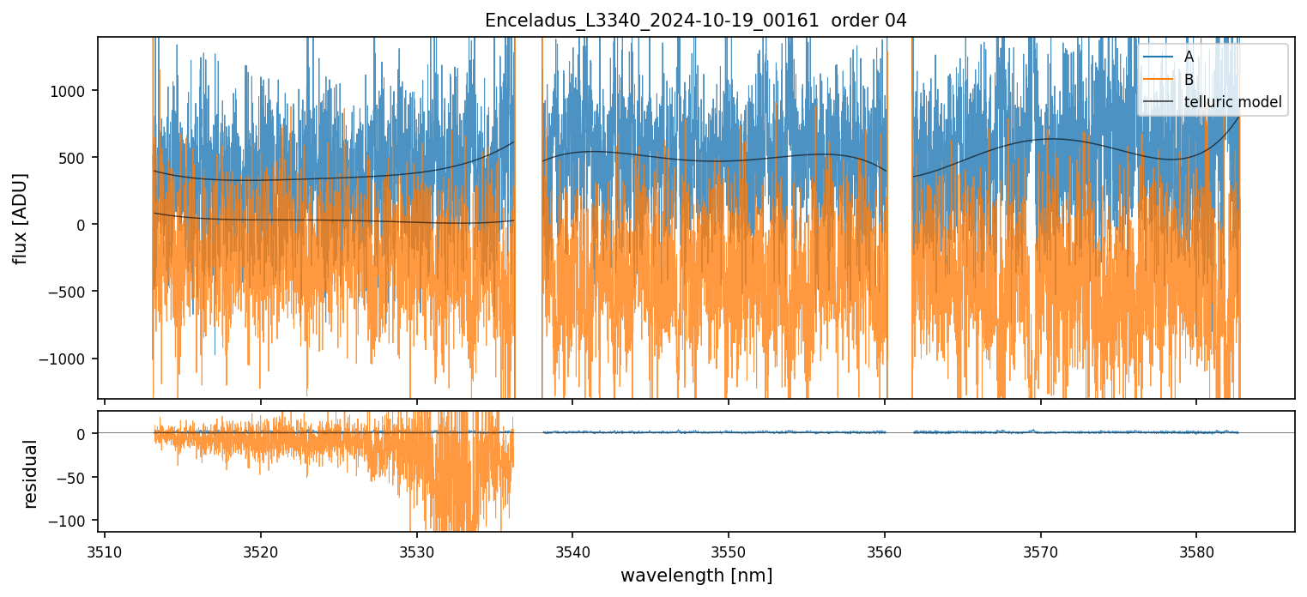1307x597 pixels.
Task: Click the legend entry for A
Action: [x=1189, y=56]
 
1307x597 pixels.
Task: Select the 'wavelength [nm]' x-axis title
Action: [x=696, y=575]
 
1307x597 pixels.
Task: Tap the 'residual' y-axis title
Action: [x=31, y=473]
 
